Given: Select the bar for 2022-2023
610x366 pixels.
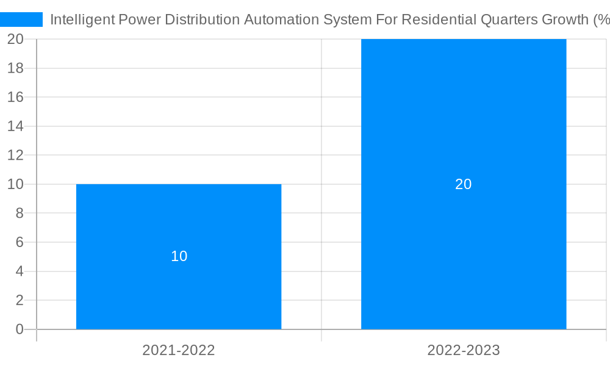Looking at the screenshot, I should pyautogui.click(x=464, y=244).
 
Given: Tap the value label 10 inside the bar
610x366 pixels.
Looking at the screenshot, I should pyautogui.click(x=179, y=256).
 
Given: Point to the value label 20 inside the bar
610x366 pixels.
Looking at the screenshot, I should pyautogui.click(x=464, y=184).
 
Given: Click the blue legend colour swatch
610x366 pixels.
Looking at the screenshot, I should pyautogui.click(x=21, y=20).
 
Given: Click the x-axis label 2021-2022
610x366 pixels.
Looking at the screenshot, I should pyautogui.click(x=179, y=350).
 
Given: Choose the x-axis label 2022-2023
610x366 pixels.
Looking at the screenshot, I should pyautogui.click(x=464, y=350).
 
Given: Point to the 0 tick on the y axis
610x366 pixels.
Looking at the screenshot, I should pyautogui.click(x=20, y=329).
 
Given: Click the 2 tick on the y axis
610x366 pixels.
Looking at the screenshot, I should pyautogui.click(x=20, y=300).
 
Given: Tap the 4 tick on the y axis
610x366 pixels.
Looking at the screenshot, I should pyautogui.click(x=20, y=271).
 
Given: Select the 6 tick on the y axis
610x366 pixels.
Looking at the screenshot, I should pyautogui.click(x=20, y=242).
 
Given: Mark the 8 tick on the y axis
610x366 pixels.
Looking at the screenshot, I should pyautogui.click(x=20, y=213).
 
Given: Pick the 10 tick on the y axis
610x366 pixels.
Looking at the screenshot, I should pyautogui.click(x=15, y=184).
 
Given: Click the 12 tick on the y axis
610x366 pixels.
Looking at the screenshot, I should pyautogui.click(x=15, y=155).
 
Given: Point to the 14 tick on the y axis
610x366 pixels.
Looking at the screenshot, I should pyautogui.click(x=15, y=126).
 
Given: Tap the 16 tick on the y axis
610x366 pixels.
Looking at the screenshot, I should pyautogui.click(x=15, y=97).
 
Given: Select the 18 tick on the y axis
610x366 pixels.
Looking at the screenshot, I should pyautogui.click(x=15, y=68).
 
